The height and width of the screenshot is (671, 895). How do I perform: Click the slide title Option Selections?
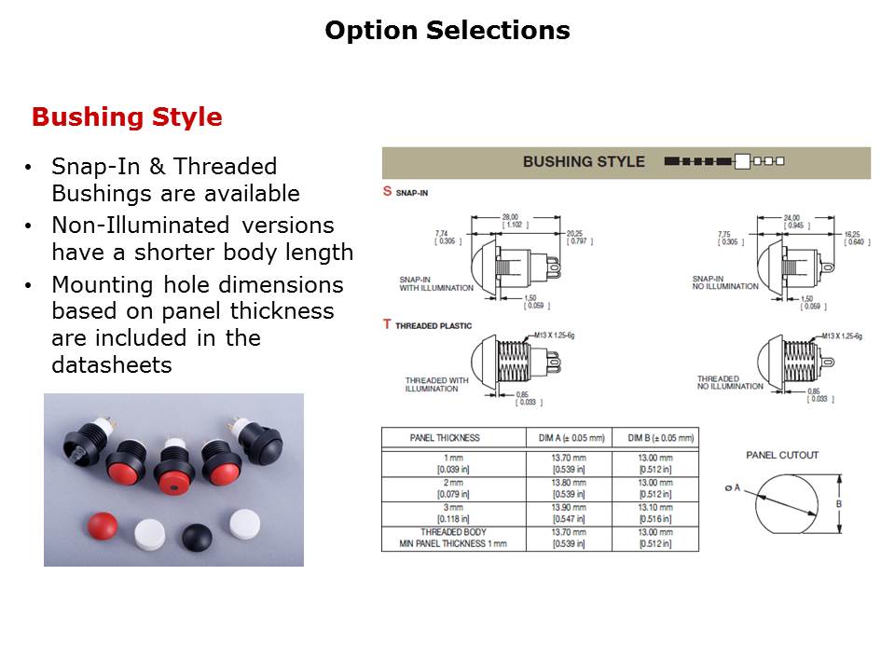pos(447,31)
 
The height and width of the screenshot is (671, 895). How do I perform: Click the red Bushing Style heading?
pos(127,117)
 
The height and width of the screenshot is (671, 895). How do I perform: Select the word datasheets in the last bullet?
pos(112,365)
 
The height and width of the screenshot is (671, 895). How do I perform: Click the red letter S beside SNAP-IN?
pos(387,192)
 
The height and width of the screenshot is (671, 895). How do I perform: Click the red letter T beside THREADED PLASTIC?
pos(387,324)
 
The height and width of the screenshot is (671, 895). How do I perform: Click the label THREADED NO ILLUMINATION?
pos(730,382)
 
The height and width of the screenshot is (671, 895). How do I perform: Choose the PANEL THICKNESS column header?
pos(445,438)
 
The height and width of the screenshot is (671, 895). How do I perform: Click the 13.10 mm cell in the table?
pos(654,508)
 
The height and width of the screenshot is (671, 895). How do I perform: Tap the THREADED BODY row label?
pos(445,532)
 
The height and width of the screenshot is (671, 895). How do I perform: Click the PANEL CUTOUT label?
pos(782,455)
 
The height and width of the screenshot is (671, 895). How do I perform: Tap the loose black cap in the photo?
pos(198,536)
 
